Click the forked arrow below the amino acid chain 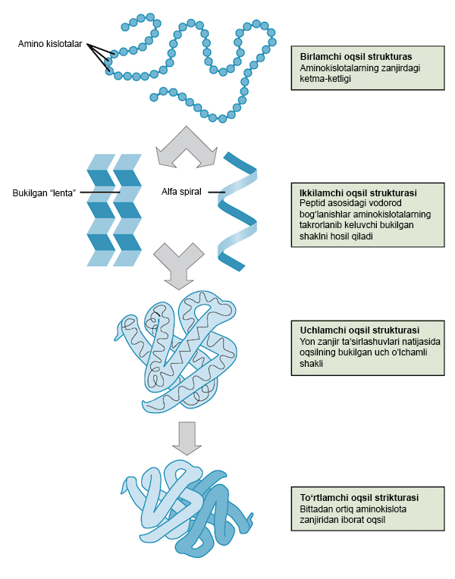pos(186,148)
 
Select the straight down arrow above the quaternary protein pos(185,436)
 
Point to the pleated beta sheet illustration pos(114,210)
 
